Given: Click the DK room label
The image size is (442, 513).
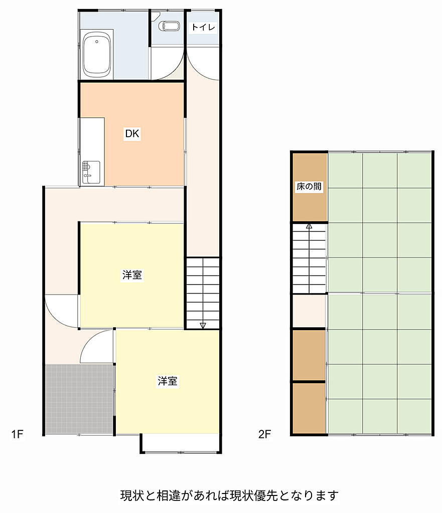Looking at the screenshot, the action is click(x=132, y=133).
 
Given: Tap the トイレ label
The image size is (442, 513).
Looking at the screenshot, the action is click(x=203, y=27).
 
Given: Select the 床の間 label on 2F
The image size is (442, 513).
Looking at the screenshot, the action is click(x=309, y=186).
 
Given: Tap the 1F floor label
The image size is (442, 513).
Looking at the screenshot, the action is click(x=18, y=434).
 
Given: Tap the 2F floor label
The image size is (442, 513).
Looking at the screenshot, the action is click(x=264, y=434).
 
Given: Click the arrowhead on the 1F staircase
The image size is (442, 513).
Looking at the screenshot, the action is click(x=203, y=325).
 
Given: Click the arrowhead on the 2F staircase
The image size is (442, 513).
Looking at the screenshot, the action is click(x=309, y=226).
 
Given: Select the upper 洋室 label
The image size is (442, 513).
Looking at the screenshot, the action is click(x=132, y=275).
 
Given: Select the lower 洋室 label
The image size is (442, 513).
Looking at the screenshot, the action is click(x=168, y=381).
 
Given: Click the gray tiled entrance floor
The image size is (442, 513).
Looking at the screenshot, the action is click(x=79, y=399).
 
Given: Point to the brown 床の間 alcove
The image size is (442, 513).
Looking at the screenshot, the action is click(x=310, y=187).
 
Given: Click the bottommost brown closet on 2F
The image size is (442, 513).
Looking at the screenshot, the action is click(x=309, y=409).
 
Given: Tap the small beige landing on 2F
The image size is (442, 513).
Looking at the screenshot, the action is click(x=309, y=311).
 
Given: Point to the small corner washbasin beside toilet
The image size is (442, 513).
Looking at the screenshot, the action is click(x=155, y=15).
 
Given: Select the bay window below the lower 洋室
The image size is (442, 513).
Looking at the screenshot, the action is click(x=181, y=443).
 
